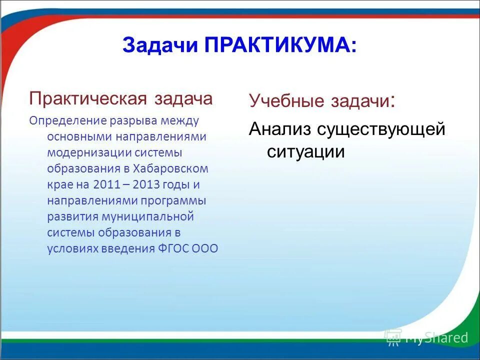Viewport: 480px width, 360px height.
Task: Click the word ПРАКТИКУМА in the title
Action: (280, 45)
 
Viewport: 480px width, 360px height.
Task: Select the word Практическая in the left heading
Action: (87, 98)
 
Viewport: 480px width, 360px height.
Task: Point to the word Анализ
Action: (280, 129)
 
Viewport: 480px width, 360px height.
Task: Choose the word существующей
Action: (380, 129)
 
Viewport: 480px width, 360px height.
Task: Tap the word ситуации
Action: (305, 151)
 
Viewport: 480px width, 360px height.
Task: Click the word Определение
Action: (61, 120)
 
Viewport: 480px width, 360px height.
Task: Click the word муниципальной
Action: (155, 216)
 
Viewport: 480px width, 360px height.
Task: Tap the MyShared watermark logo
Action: (426, 337)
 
